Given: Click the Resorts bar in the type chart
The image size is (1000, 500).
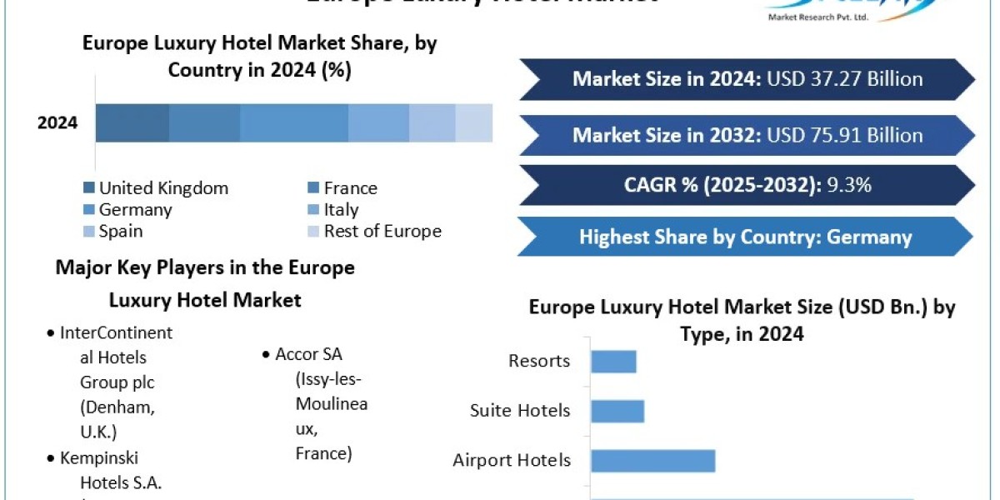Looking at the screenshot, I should [x=613, y=362].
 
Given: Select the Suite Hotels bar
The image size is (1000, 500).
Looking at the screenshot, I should [x=617, y=411].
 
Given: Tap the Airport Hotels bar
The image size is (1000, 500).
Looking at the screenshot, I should [x=652, y=460].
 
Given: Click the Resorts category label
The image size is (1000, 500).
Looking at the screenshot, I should [x=539, y=361].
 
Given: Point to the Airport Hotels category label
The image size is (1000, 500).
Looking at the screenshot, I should [x=512, y=460].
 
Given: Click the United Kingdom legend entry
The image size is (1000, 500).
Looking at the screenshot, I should [x=163, y=188].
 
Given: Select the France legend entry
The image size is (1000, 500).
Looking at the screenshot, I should [x=350, y=188].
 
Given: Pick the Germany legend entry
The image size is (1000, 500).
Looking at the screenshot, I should [x=135, y=210].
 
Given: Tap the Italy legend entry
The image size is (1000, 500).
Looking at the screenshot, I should [x=341, y=210].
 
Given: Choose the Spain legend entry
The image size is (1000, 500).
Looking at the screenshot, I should [x=121, y=231].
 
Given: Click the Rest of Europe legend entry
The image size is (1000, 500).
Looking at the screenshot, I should [x=382, y=231].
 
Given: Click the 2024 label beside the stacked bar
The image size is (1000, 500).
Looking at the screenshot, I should [x=57, y=123].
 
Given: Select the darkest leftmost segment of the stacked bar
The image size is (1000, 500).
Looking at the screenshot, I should [x=132, y=123].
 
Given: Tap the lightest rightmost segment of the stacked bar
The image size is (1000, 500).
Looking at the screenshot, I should [x=473, y=123].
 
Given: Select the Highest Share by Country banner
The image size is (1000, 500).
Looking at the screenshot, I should [x=745, y=237].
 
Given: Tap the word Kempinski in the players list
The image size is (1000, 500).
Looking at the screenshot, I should [x=99, y=457].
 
